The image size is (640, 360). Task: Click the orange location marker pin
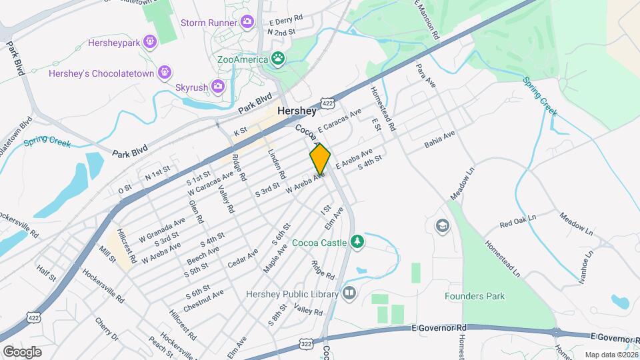pyautogui.click(x=320, y=158)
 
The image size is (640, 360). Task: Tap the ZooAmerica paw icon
pyautogui.click(x=277, y=59)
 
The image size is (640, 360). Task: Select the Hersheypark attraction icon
pyautogui.click(x=150, y=42)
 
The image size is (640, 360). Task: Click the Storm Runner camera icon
pyautogui.click(x=247, y=23)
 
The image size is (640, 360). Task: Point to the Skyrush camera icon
pyautogui.click(x=217, y=86)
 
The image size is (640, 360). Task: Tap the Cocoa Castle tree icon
pyautogui.click(x=357, y=240)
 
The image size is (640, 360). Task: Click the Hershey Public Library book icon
pyautogui.click(x=349, y=293)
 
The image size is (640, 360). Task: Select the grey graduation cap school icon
pyautogui.click(x=442, y=226)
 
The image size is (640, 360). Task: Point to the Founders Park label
pyautogui.click(x=475, y=296)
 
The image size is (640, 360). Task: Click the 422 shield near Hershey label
pyautogui.click(x=326, y=103)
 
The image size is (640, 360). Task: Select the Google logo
pyautogui.click(x=23, y=351)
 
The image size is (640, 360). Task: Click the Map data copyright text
pyautogui.click(x=611, y=355)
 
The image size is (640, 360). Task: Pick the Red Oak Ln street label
pyautogui.click(x=517, y=221)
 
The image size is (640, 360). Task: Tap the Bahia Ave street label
pyautogui.click(x=439, y=139)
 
